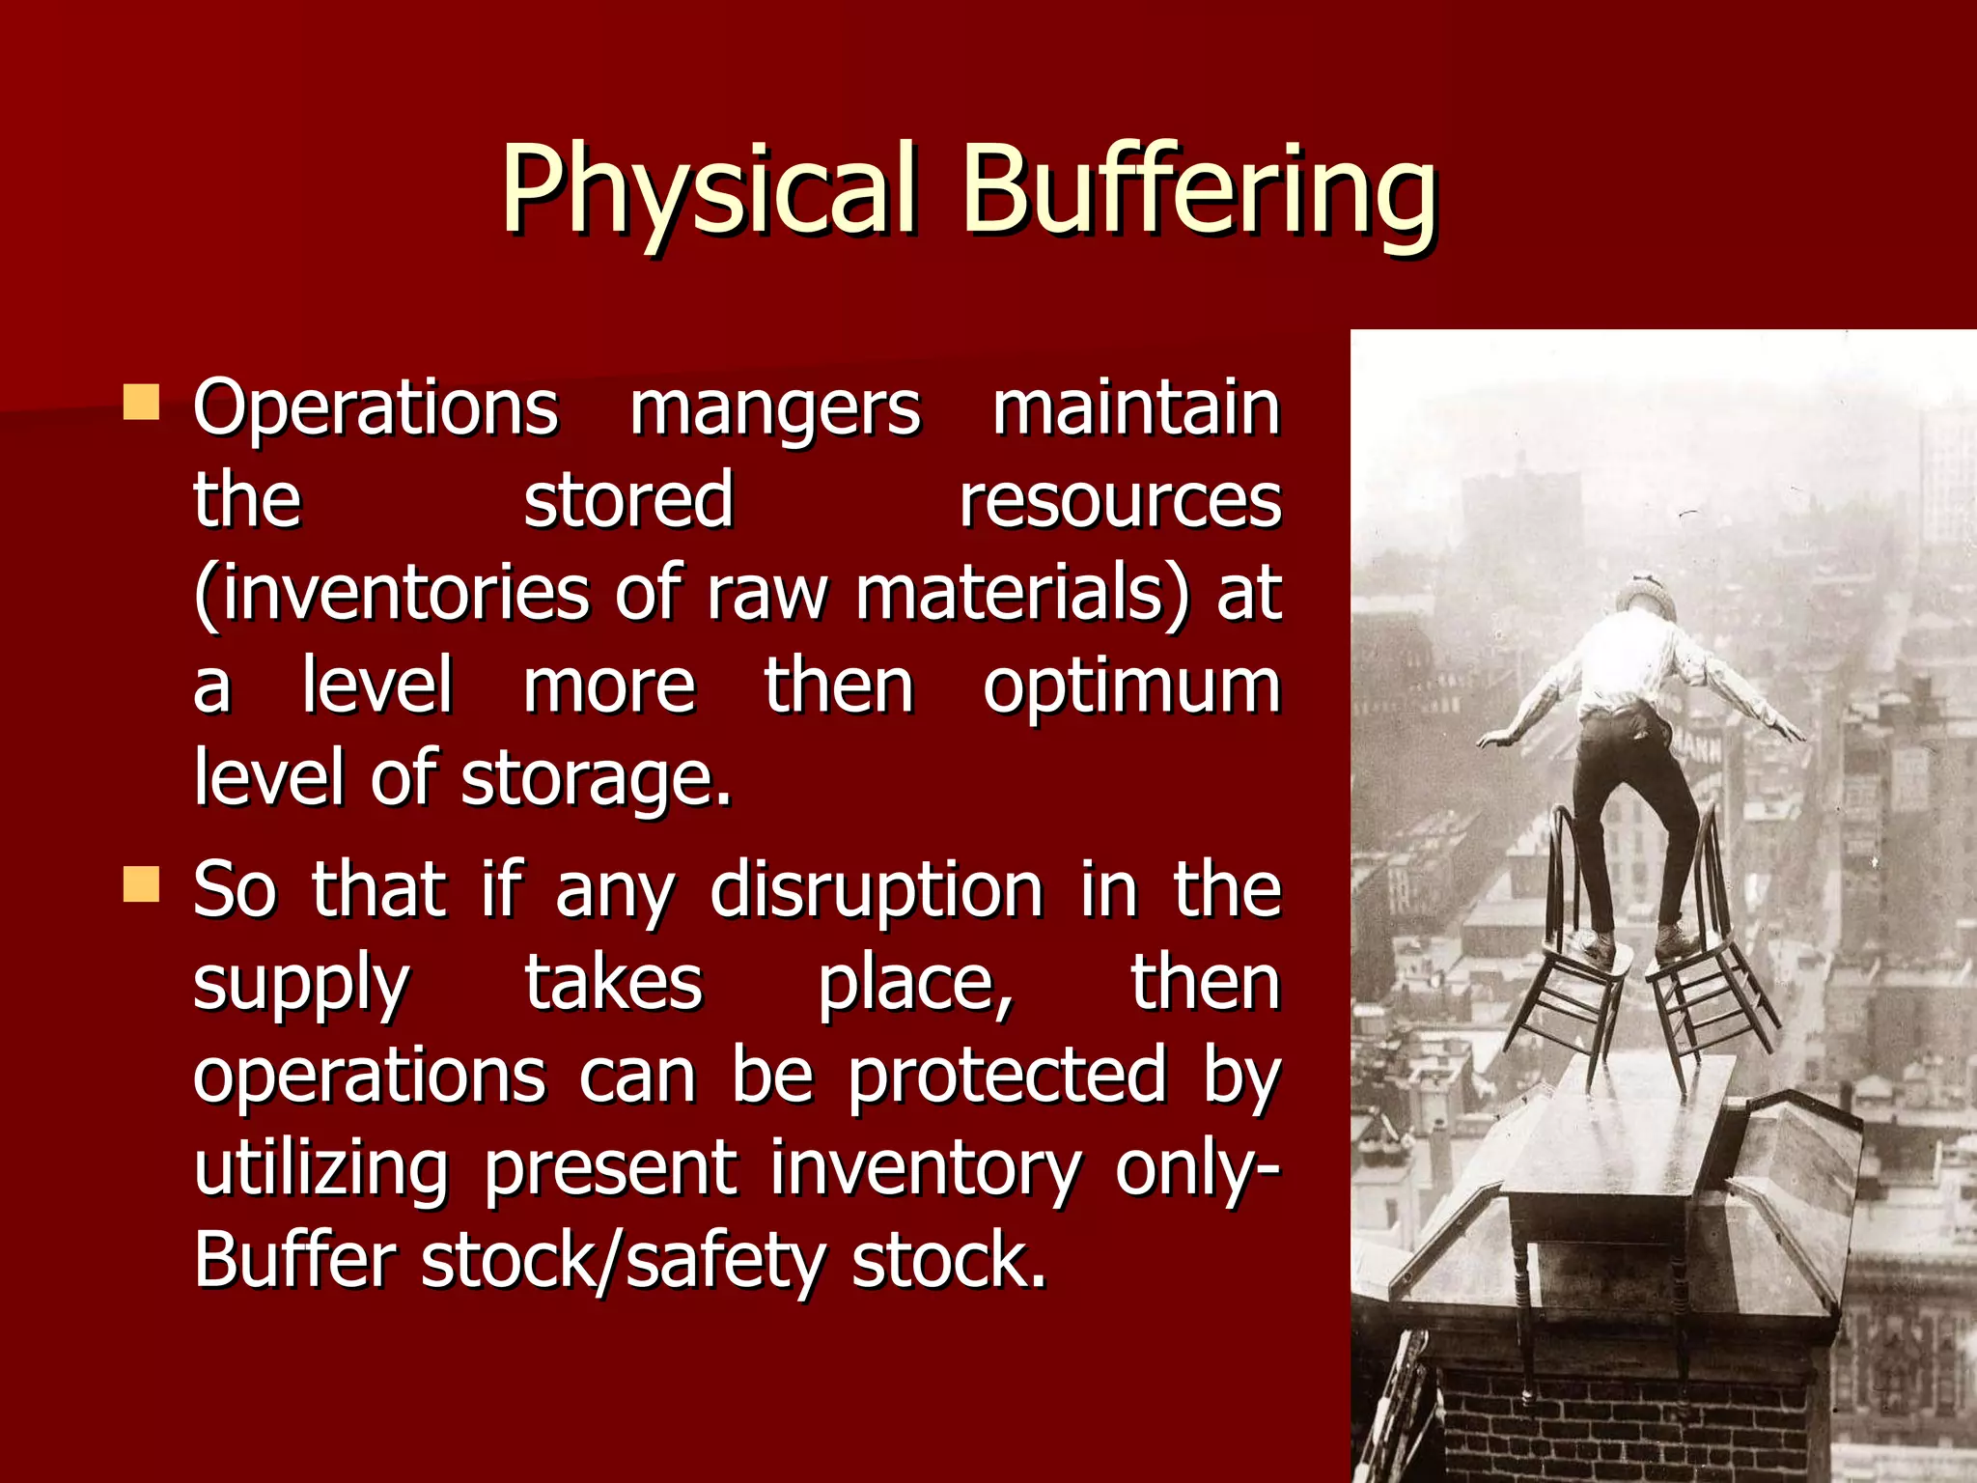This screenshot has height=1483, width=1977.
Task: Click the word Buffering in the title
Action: click(x=1198, y=189)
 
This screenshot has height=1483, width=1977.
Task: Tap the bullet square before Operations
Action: click(x=141, y=403)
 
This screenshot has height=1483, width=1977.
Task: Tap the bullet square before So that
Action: click(x=141, y=883)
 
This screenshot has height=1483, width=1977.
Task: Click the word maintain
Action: click(x=1135, y=407)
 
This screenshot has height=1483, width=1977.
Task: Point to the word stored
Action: click(x=628, y=500)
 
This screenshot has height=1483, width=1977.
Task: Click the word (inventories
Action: click(x=391, y=594)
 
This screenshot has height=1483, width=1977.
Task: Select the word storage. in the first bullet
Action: click(x=596, y=780)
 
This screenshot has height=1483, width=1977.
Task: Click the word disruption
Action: click(x=877, y=890)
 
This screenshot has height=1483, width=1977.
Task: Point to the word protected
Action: click(x=1007, y=1076)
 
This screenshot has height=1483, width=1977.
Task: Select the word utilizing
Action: click(x=320, y=1169)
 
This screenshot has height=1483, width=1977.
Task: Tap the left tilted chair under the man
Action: click(x=1573, y=975)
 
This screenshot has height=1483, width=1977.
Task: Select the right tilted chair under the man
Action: click(x=1709, y=965)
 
